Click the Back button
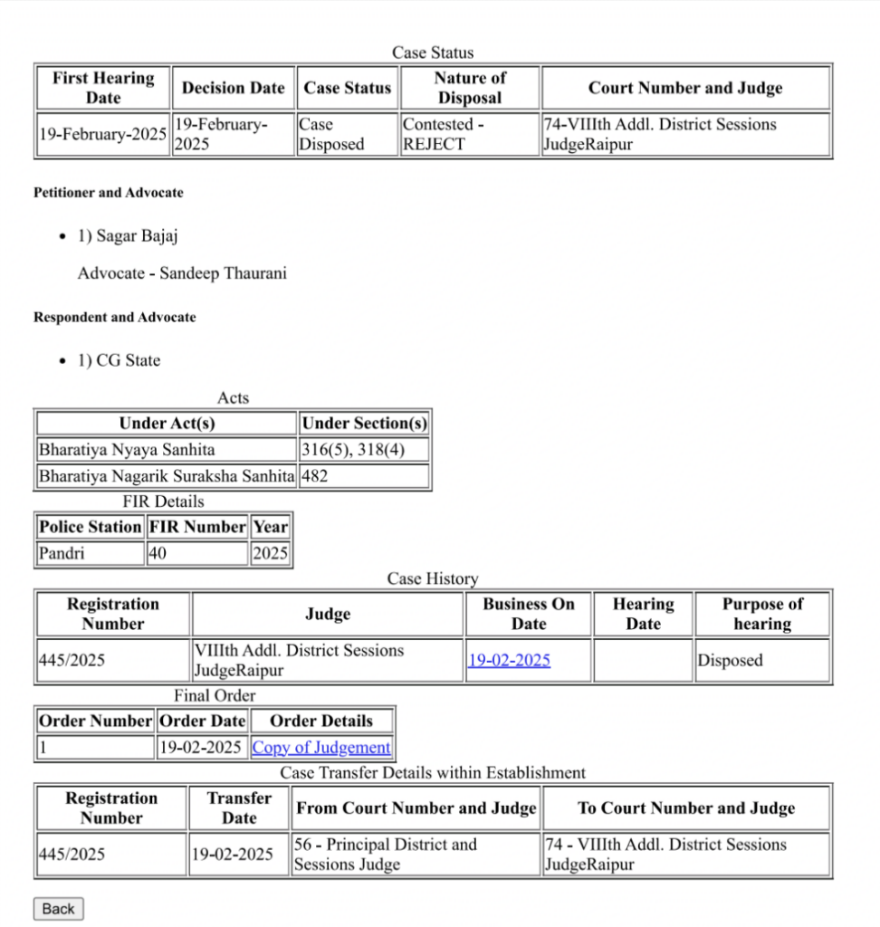pyautogui.click(x=58, y=908)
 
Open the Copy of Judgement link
pyautogui.click(x=321, y=748)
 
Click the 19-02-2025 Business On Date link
pyautogui.click(x=509, y=660)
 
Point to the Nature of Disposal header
pyautogui.click(x=470, y=88)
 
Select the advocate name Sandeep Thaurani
pyautogui.click(x=223, y=273)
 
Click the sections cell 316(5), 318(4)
pyautogui.click(x=362, y=450)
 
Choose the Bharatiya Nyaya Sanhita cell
pyautogui.click(x=167, y=450)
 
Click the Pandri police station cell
pyautogui.click(x=90, y=553)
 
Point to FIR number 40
pyautogui.click(x=196, y=553)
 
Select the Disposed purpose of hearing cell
pyautogui.click(x=761, y=660)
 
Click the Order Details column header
pyautogui.click(x=321, y=721)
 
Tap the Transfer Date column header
pyautogui.click(x=239, y=808)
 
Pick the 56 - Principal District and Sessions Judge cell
pyautogui.click(x=416, y=855)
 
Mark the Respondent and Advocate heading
pyautogui.click(x=115, y=318)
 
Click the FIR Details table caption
pyautogui.click(x=163, y=502)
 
